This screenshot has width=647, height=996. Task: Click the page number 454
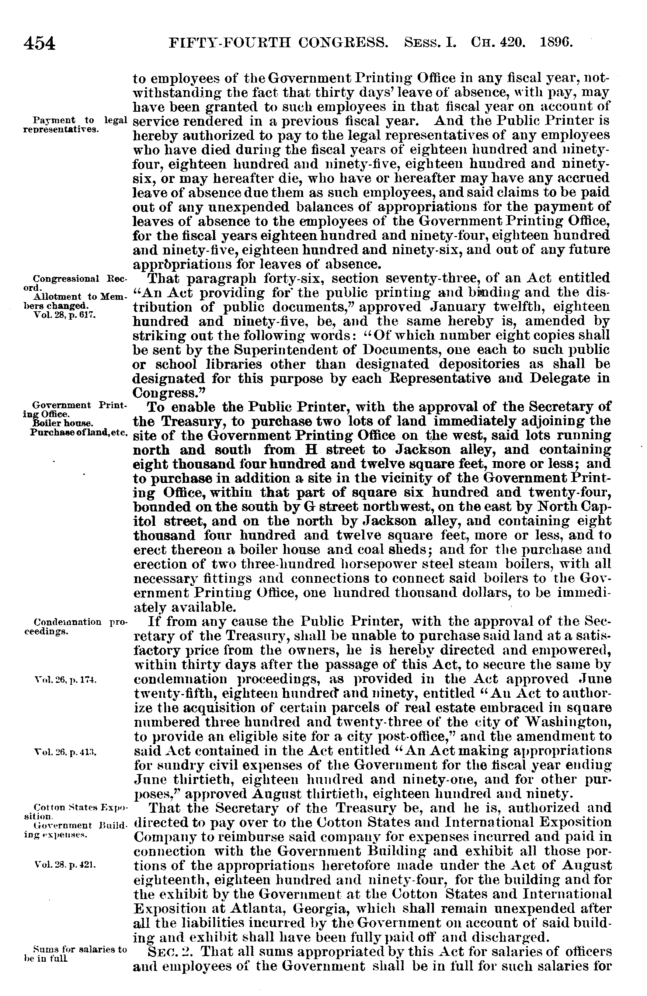tap(40, 44)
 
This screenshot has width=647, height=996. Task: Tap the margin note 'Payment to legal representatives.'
tap(73, 125)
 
